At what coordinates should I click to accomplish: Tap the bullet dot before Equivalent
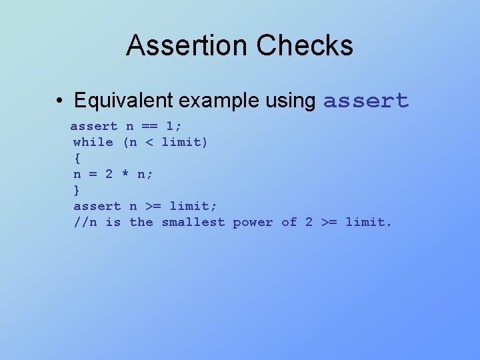(x=60, y=101)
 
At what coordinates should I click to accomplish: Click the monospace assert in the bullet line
(x=365, y=101)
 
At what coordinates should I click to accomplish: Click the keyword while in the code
(x=93, y=142)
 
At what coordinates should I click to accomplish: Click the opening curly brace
(x=77, y=158)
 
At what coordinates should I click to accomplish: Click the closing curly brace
(x=77, y=190)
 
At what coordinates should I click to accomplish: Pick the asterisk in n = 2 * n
(x=125, y=174)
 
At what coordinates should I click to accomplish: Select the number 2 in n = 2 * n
(x=109, y=174)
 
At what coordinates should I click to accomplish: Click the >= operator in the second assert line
(x=153, y=206)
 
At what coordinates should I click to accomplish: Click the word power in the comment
(x=253, y=222)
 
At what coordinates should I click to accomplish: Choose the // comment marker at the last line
(x=81, y=222)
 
